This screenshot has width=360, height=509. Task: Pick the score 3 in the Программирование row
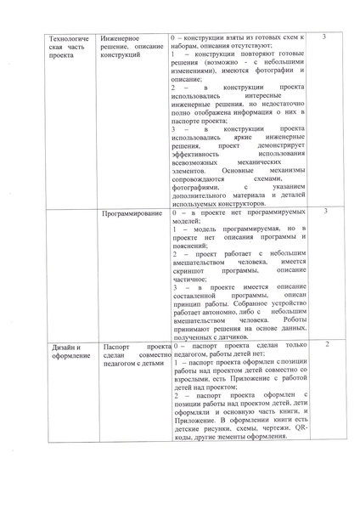(326, 211)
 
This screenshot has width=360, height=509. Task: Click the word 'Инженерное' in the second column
(121, 39)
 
